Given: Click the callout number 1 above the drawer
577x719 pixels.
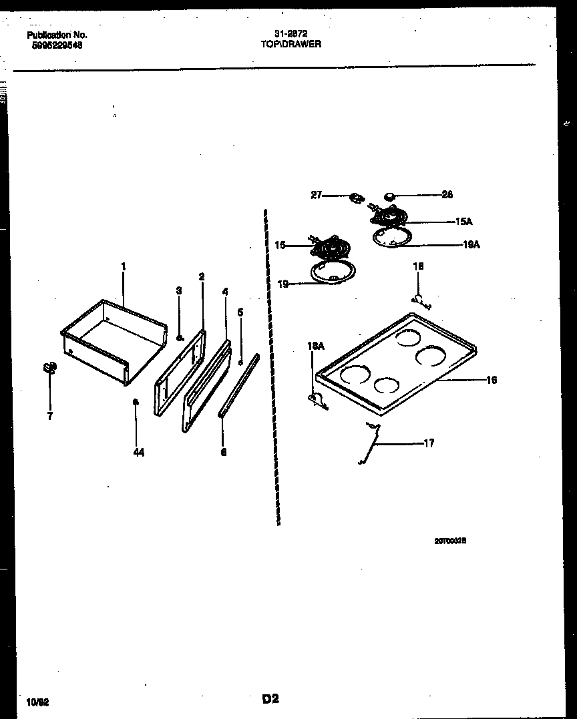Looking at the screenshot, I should [x=124, y=266].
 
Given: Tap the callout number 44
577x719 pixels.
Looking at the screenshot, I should [x=138, y=452].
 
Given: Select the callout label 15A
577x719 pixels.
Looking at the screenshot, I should [x=464, y=221].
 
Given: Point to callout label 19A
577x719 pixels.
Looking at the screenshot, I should [x=471, y=245].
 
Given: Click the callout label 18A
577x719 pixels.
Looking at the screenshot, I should [x=315, y=346].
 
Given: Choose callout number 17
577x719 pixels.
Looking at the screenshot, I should [x=429, y=443].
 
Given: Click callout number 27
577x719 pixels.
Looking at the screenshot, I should [x=317, y=196].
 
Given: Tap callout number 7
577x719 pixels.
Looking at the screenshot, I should [x=49, y=415].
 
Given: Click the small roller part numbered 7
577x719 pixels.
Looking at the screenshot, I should [x=49, y=368].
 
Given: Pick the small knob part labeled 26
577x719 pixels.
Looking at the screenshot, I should [x=389, y=196].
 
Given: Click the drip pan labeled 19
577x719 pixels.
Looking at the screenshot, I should [x=333, y=270].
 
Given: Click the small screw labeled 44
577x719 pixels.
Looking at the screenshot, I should [x=136, y=402].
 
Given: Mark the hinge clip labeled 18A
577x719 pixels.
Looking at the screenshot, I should [x=316, y=399].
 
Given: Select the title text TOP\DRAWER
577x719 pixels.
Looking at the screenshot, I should [x=291, y=44].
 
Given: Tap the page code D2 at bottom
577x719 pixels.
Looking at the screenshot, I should [x=270, y=699].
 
